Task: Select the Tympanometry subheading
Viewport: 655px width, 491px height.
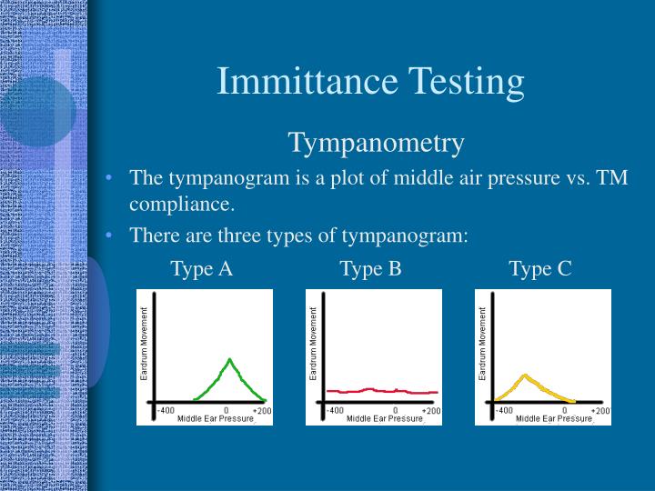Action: tap(377, 143)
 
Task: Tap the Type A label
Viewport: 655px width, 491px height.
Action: tap(202, 268)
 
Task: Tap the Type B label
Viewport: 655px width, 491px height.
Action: tap(370, 268)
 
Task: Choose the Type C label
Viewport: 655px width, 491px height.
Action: tap(540, 268)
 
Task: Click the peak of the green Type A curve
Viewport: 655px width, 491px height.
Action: tap(230, 360)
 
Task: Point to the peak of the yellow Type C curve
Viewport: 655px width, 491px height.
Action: tap(524, 375)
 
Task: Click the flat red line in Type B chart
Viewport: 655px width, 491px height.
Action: tap(382, 390)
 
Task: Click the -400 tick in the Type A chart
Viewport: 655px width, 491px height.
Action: tap(166, 410)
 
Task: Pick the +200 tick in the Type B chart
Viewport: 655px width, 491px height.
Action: tap(432, 411)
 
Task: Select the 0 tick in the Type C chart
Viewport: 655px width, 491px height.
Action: tap(565, 411)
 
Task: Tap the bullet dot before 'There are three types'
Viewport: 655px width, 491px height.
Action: tap(108, 235)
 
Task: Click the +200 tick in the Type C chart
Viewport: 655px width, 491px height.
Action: tap(600, 411)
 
